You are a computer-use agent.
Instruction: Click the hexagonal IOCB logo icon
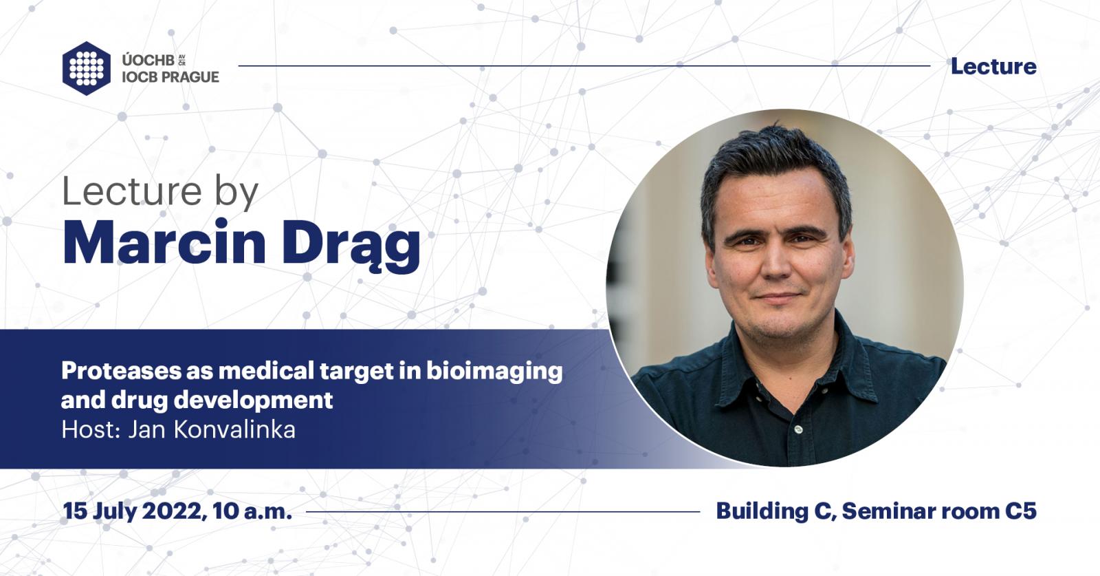87,68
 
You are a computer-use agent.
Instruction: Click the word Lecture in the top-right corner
993,66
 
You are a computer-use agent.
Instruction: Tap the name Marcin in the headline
164,243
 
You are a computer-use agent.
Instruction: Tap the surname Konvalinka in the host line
234,429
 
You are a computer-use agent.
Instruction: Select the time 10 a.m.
252,511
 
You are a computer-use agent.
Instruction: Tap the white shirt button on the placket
798,429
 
